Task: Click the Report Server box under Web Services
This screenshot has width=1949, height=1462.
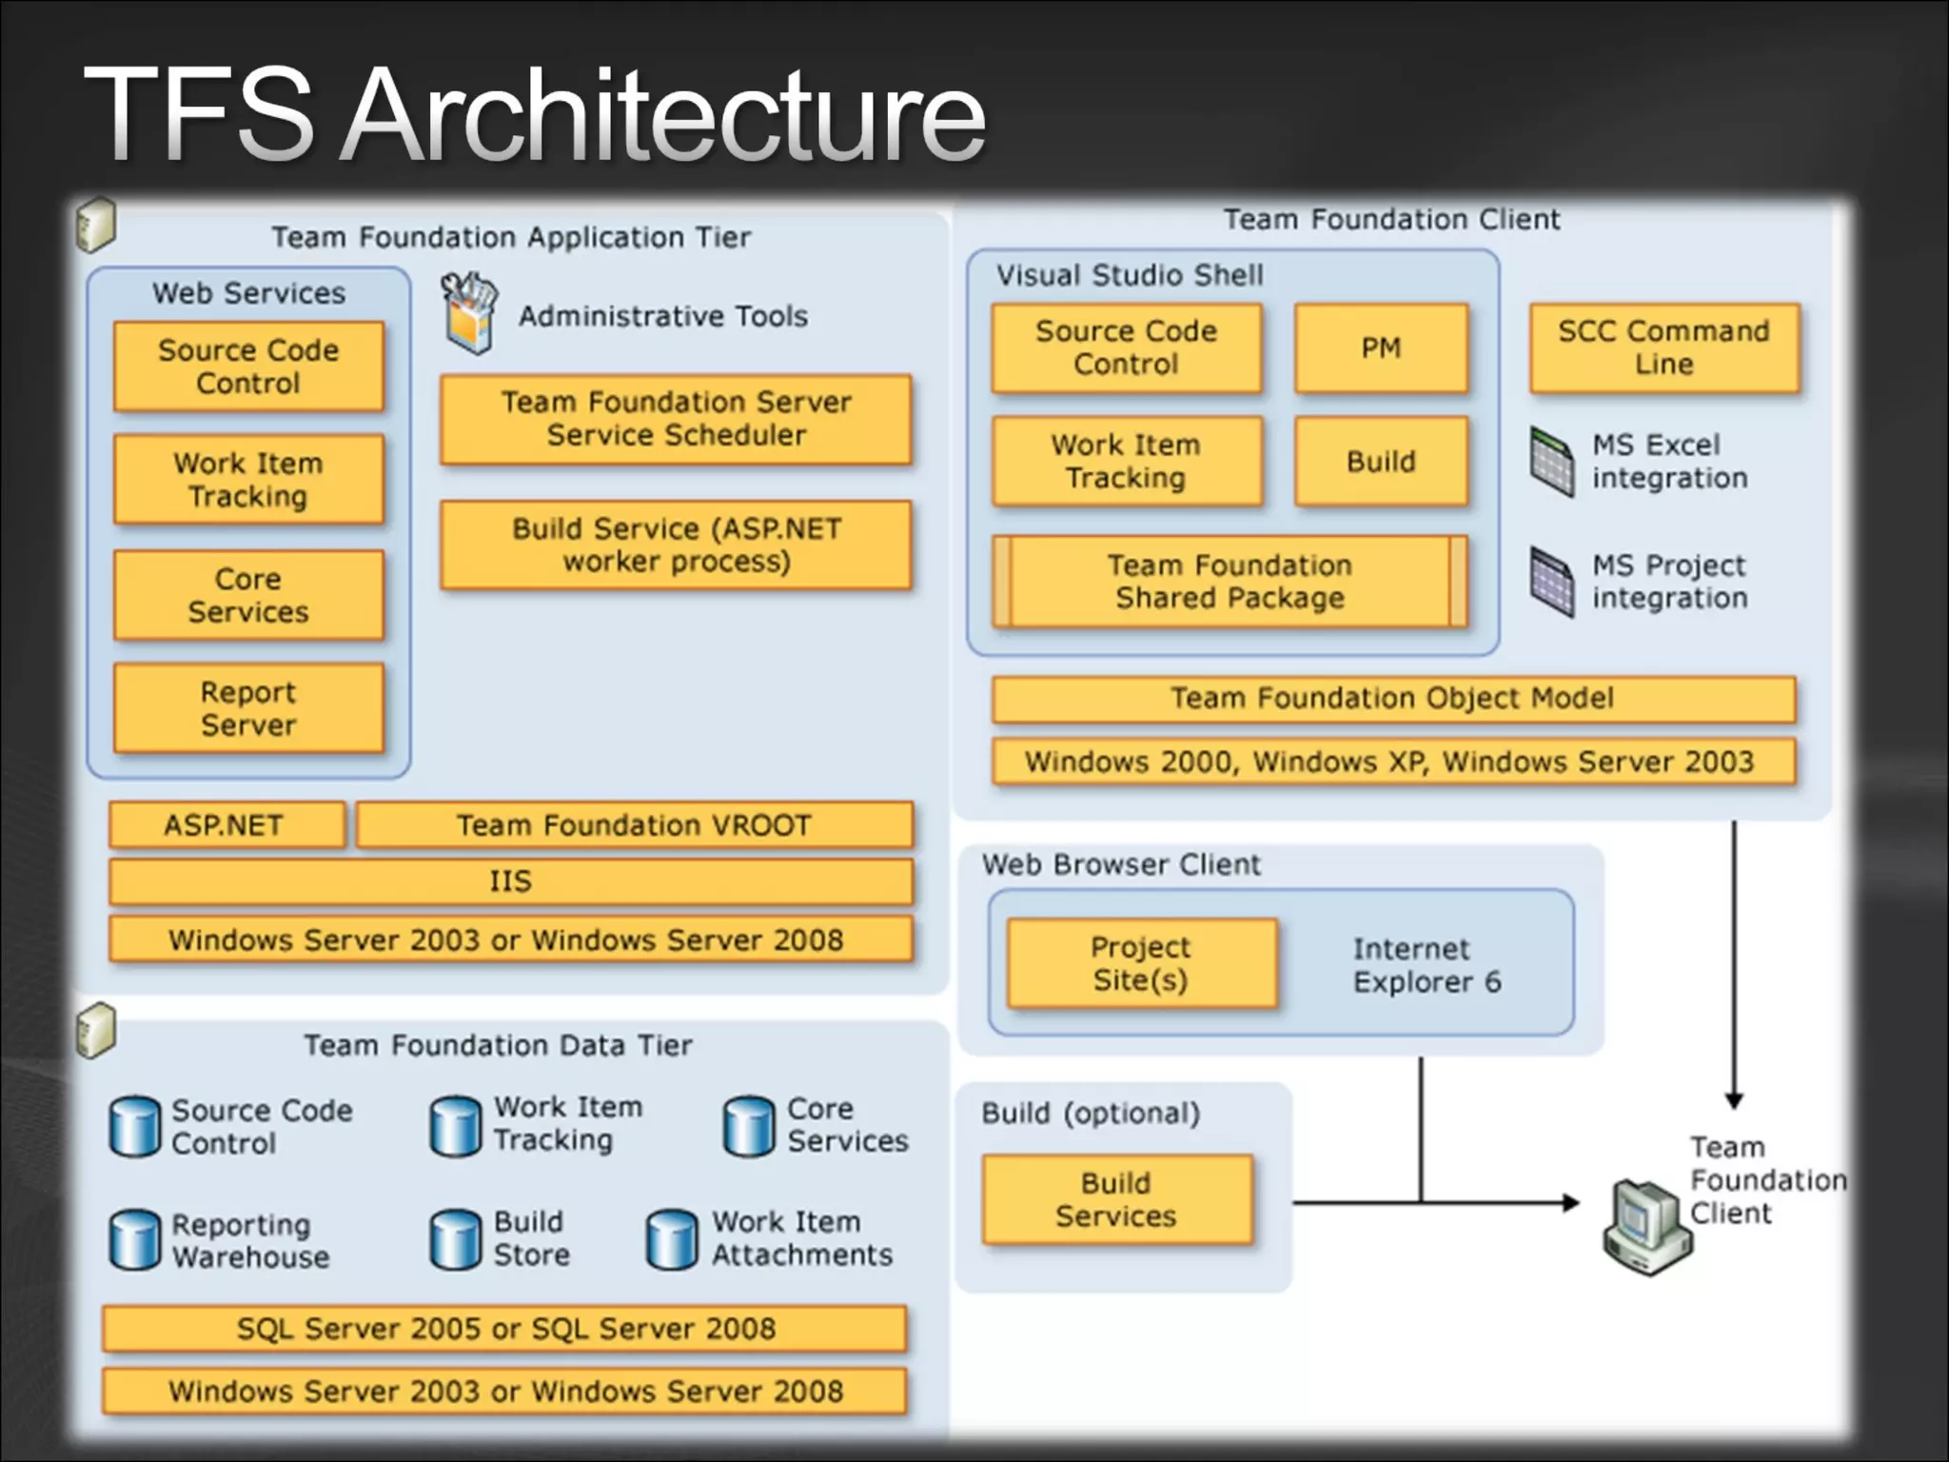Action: coord(248,708)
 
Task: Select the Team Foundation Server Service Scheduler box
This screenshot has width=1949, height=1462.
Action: coord(676,419)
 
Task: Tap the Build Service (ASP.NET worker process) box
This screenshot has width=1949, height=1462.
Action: coord(676,544)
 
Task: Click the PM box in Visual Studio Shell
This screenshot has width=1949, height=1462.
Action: coord(1381,348)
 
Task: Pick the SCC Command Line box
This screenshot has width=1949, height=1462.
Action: coord(1664,348)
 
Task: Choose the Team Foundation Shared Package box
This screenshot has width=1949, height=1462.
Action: coord(1230,582)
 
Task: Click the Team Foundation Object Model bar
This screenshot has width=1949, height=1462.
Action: coord(1392,699)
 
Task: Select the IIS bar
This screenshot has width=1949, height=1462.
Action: coord(510,881)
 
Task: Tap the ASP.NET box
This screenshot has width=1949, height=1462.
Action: coord(226,824)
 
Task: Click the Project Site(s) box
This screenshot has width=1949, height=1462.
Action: coord(1141,963)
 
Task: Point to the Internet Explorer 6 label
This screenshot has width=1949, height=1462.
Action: coord(1427,965)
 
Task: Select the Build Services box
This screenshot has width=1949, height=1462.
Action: coord(1116,1199)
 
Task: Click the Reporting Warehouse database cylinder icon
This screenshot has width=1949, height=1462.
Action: coord(135,1240)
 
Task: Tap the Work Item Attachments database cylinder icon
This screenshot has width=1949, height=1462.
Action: coord(672,1240)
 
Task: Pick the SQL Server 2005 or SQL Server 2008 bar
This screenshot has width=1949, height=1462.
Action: coord(505,1329)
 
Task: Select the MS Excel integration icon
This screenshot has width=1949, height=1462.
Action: coord(1552,462)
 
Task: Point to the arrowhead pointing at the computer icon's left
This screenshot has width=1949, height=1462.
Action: coord(1571,1203)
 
